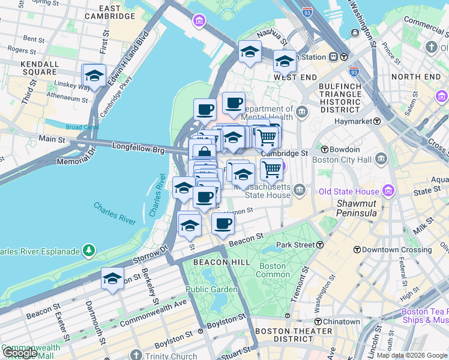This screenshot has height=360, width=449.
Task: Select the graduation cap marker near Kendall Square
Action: pos(94,76)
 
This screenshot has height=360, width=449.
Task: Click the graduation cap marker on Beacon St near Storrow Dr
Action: pos(112,280)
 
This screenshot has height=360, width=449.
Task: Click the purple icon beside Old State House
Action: pos(388,191)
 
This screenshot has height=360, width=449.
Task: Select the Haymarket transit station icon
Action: pos(377,121)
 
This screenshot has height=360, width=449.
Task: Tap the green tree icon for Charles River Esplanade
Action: pos(89,249)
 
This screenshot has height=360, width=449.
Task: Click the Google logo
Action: pos(20,353)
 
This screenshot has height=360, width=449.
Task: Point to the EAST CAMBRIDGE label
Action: pos(109,12)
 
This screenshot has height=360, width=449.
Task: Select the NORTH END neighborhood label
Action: pos(415,77)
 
